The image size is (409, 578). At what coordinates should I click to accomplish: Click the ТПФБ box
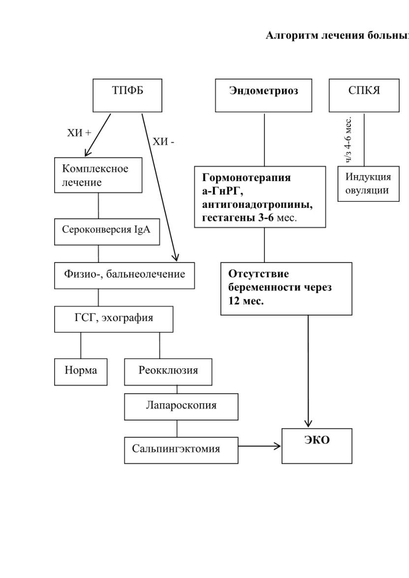click(127, 96)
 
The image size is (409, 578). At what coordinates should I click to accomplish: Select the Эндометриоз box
click(263, 96)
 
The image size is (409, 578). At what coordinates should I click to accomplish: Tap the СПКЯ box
click(364, 96)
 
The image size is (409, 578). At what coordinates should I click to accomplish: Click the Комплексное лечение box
click(98, 175)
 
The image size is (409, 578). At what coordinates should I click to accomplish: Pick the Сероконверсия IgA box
click(107, 232)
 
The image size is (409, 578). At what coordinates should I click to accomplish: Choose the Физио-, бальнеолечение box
click(125, 276)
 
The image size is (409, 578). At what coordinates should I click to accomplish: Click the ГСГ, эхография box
click(114, 319)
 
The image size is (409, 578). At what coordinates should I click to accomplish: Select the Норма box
click(81, 372)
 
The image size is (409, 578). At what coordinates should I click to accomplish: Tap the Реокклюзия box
click(168, 372)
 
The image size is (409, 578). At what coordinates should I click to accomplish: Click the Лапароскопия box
click(181, 407)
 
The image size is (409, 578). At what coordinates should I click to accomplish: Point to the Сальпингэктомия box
click(181, 450)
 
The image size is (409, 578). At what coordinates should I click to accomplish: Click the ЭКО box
click(317, 446)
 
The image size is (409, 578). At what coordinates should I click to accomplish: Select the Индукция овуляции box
click(369, 184)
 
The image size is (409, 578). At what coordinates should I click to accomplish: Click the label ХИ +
click(79, 133)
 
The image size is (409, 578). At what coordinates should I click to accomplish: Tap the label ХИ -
click(163, 142)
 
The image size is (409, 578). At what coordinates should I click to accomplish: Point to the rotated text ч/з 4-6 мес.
click(348, 140)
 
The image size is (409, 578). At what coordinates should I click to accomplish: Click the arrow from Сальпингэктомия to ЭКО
click(259, 447)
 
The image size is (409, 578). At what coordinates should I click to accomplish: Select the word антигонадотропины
click(257, 204)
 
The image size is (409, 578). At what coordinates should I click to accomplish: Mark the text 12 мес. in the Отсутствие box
click(246, 300)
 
